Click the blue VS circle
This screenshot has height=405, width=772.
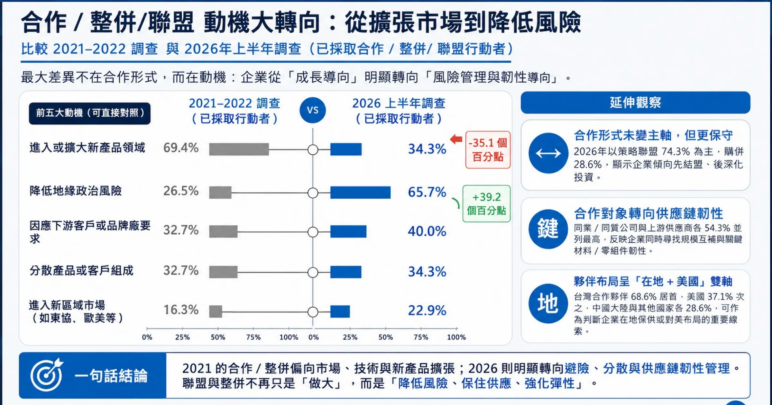click(312, 110)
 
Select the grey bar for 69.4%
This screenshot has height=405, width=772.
click(239, 149)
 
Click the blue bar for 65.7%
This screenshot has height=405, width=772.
click(360, 193)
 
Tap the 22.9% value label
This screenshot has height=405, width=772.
click(427, 310)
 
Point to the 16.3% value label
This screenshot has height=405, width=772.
click(181, 310)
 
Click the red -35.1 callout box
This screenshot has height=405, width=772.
click(488, 150)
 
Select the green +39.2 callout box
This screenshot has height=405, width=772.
click(486, 203)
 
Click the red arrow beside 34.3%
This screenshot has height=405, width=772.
click(456, 139)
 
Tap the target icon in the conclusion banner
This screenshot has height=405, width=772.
click(47, 374)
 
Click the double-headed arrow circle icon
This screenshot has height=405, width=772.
click(548, 153)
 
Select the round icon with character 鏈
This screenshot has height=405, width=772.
click(548, 229)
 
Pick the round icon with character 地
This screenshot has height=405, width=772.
click(548, 303)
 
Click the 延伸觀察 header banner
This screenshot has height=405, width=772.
click(635, 103)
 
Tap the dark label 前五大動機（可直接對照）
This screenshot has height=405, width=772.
click(90, 113)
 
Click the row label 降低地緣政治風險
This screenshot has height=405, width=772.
click(76, 191)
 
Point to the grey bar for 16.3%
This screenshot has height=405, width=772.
click(216, 311)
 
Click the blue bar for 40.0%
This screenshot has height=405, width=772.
click(348, 231)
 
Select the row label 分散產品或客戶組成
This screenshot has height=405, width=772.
click(81, 271)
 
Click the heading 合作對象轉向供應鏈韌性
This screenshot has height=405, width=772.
click(648, 213)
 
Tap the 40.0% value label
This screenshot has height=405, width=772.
click(427, 231)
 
